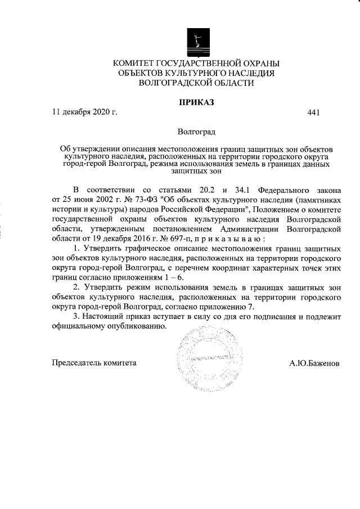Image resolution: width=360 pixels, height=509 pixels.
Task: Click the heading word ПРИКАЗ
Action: point(196,102)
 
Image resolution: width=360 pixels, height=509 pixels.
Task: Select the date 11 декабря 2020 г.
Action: point(84,112)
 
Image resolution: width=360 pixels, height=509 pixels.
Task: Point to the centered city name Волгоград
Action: point(196,133)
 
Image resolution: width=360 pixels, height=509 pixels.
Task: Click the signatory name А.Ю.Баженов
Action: point(314,363)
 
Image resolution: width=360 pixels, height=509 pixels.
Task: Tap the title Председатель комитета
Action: point(94,363)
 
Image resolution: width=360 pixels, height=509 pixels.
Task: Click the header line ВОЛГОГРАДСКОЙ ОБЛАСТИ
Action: point(196,83)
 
